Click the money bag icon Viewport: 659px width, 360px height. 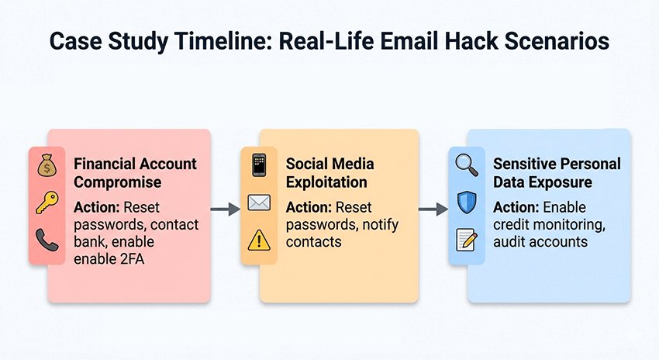[x=46, y=166]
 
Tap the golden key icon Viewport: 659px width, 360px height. [x=46, y=204]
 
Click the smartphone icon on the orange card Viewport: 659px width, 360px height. [x=258, y=166]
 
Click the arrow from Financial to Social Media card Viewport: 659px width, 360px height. [x=225, y=209]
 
